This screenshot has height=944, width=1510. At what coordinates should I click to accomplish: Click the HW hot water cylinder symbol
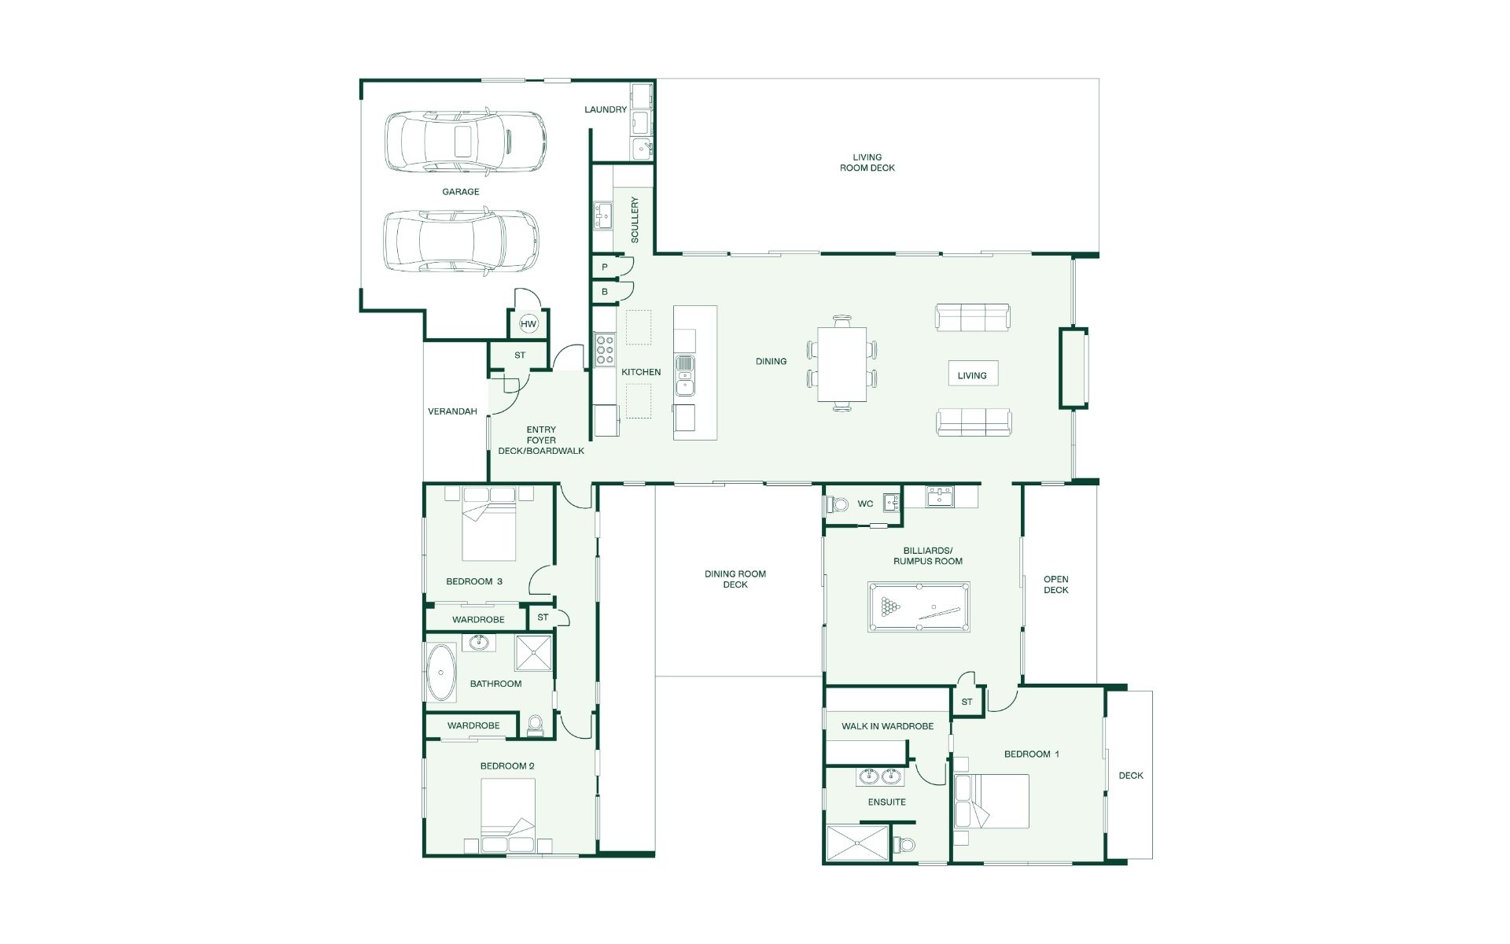(x=528, y=324)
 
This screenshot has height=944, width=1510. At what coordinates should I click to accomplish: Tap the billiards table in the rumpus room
(x=919, y=607)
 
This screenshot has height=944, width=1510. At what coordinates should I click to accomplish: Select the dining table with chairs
(x=842, y=363)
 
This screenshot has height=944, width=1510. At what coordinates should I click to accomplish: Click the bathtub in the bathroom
(x=441, y=673)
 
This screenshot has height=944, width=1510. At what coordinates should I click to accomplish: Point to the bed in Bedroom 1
(x=992, y=801)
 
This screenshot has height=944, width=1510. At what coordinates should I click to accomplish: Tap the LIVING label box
(x=972, y=374)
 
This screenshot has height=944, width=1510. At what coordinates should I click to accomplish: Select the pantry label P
(x=605, y=267)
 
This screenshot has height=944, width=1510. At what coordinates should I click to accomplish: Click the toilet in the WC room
(x=836, y=504)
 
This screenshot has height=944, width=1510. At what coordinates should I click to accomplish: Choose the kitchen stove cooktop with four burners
(x=605, y=349)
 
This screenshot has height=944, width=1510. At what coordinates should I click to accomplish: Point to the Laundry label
(x=606, y=109)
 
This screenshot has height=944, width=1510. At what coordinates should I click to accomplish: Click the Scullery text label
(x=635, y=219)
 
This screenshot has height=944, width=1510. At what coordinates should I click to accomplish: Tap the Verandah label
(x=452, y=411)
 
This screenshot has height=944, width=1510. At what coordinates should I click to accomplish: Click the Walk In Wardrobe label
(x=888, y=726)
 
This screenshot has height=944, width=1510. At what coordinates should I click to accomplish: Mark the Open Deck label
(x=1056, y=584)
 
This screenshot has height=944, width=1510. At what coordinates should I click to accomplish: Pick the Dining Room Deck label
(x=735, y=579)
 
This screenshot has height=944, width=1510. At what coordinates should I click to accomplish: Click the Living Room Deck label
(x=867, y=162)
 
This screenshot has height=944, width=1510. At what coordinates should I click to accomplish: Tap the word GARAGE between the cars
(x=461, y=191)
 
